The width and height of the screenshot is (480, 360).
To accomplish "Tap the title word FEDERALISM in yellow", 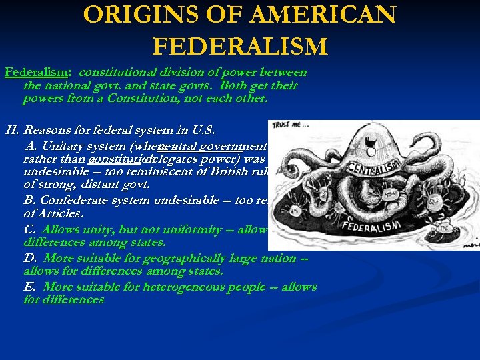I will pyautogui.click(x=240, y=46).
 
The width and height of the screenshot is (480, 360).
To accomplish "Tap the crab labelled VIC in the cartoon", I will pyautogui.click(x=295, y=208).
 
